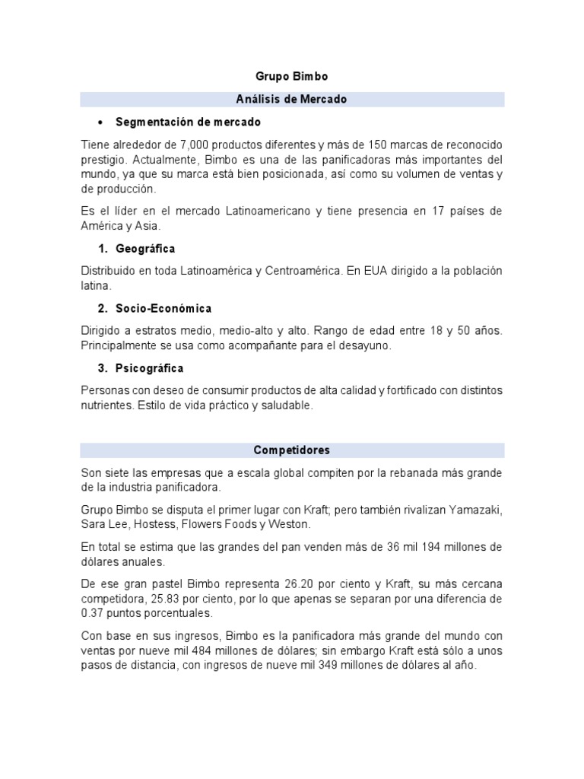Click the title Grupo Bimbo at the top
(x=291, y=77)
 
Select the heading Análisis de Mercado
(x=292, y=99)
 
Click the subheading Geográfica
(x=145, y=249)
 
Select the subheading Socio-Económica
(x=163, y=308)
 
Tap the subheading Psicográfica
(x=150, y=368)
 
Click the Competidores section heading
(x=292, y=450)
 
